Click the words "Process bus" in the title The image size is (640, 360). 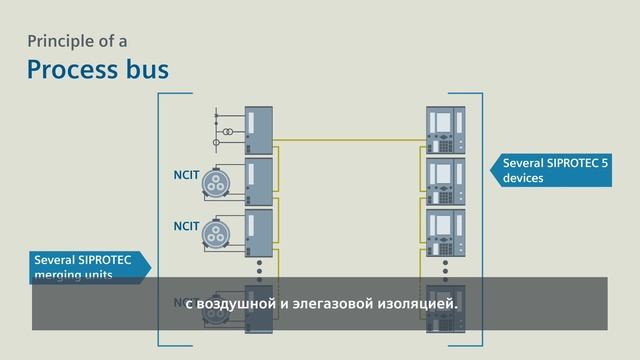click(x=97, y=69)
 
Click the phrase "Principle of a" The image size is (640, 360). click(x=77, y=41)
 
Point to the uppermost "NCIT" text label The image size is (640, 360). click(x=186, y=177)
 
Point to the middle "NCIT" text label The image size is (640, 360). click(x=186, y=227)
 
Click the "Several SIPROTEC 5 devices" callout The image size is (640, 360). click(x=540, y=170)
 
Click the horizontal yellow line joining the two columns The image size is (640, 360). click(x=350, y=139)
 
